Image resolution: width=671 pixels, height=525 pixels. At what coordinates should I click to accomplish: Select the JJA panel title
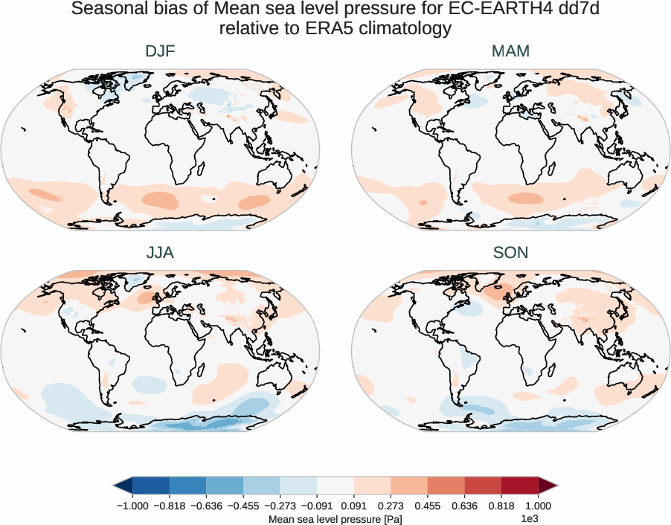coord(160,253)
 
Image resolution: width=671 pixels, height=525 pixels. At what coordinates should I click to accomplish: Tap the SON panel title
coord(510,253)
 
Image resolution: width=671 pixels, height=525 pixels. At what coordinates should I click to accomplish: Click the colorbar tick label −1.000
coord(132,505)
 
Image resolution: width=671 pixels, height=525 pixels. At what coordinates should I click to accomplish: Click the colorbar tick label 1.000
coord(538,505)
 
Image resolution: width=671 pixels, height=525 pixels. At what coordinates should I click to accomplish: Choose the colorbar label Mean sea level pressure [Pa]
coord(335,518)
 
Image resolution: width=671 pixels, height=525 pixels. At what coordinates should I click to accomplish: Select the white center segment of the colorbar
coord(335,486)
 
